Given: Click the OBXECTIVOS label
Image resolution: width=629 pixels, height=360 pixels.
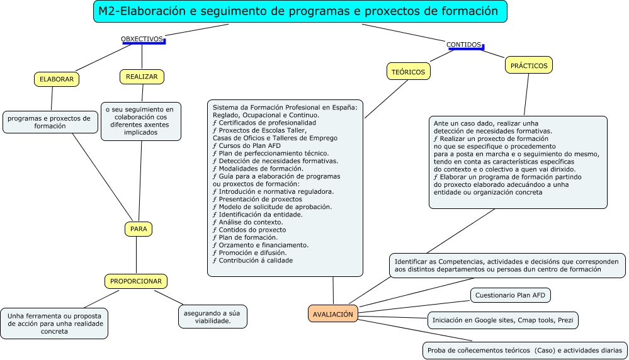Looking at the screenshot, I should click(142, 39).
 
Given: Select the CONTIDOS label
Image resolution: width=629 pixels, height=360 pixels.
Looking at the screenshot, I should click(464, 45).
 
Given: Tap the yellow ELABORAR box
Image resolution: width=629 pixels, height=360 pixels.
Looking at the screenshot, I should click(57, 79).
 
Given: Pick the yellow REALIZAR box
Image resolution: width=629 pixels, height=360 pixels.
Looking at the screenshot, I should click(142, 77).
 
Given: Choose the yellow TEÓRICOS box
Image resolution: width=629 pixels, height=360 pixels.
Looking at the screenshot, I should click(408, 72).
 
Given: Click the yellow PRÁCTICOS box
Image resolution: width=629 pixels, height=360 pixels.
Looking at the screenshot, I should click(529, 65).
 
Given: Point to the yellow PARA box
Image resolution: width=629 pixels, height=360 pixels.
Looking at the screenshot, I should click(139, 229).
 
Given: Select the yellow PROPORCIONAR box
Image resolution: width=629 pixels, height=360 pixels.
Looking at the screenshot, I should click(136, 281).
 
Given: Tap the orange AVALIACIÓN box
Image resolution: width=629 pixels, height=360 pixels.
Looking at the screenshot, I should click(333, 313).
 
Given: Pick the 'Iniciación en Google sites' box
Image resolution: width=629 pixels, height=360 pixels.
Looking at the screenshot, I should click(502, 320).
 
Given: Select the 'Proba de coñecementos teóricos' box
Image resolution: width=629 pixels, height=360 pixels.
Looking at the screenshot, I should click(524, 350).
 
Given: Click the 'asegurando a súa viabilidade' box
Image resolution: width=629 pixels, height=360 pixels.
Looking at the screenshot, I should click(213, 317).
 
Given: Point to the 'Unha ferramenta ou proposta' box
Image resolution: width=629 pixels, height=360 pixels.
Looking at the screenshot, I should click(54, 323).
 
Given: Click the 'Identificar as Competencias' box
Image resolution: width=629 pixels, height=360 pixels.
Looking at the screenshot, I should click(507, 265).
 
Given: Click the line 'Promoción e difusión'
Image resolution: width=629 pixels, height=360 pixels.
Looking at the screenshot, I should click(246, 252).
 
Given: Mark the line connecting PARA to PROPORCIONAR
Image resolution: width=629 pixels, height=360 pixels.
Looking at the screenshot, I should click(137, 255).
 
